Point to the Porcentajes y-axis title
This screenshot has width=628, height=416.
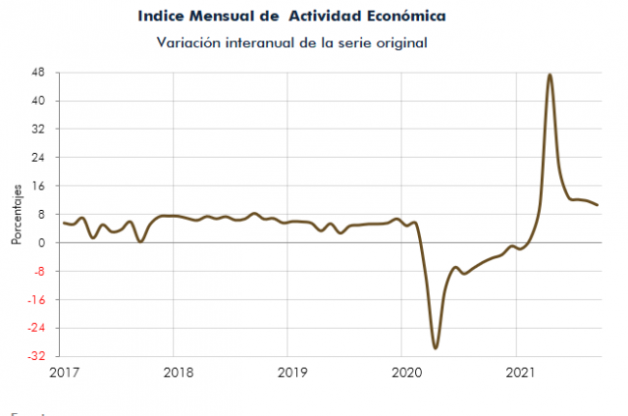click(17, 214)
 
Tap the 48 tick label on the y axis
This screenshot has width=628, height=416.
click(39, 73)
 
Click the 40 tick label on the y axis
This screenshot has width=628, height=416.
click(39, 101)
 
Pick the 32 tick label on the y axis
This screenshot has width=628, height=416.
click(39, 130)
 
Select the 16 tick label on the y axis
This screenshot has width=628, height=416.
click(39, 185)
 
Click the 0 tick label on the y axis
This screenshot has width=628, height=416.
click(42, 242)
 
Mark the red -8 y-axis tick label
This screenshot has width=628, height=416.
click(39, 271)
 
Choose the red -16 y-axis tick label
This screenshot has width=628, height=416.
click(37, 299)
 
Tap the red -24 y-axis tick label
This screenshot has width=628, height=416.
click(37, 328)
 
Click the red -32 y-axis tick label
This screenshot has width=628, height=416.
click(37, 356)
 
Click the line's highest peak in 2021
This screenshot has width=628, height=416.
click(549, 75)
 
